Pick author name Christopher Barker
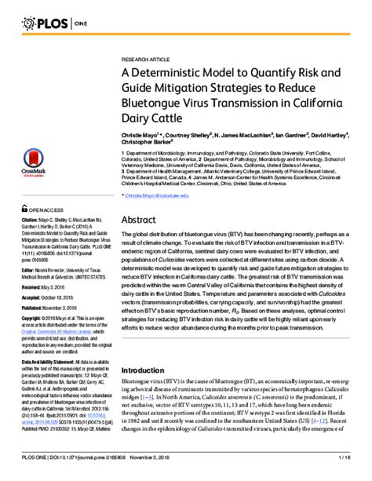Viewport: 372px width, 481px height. coord(148,144)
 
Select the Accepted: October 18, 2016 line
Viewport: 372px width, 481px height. coord(57,299)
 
